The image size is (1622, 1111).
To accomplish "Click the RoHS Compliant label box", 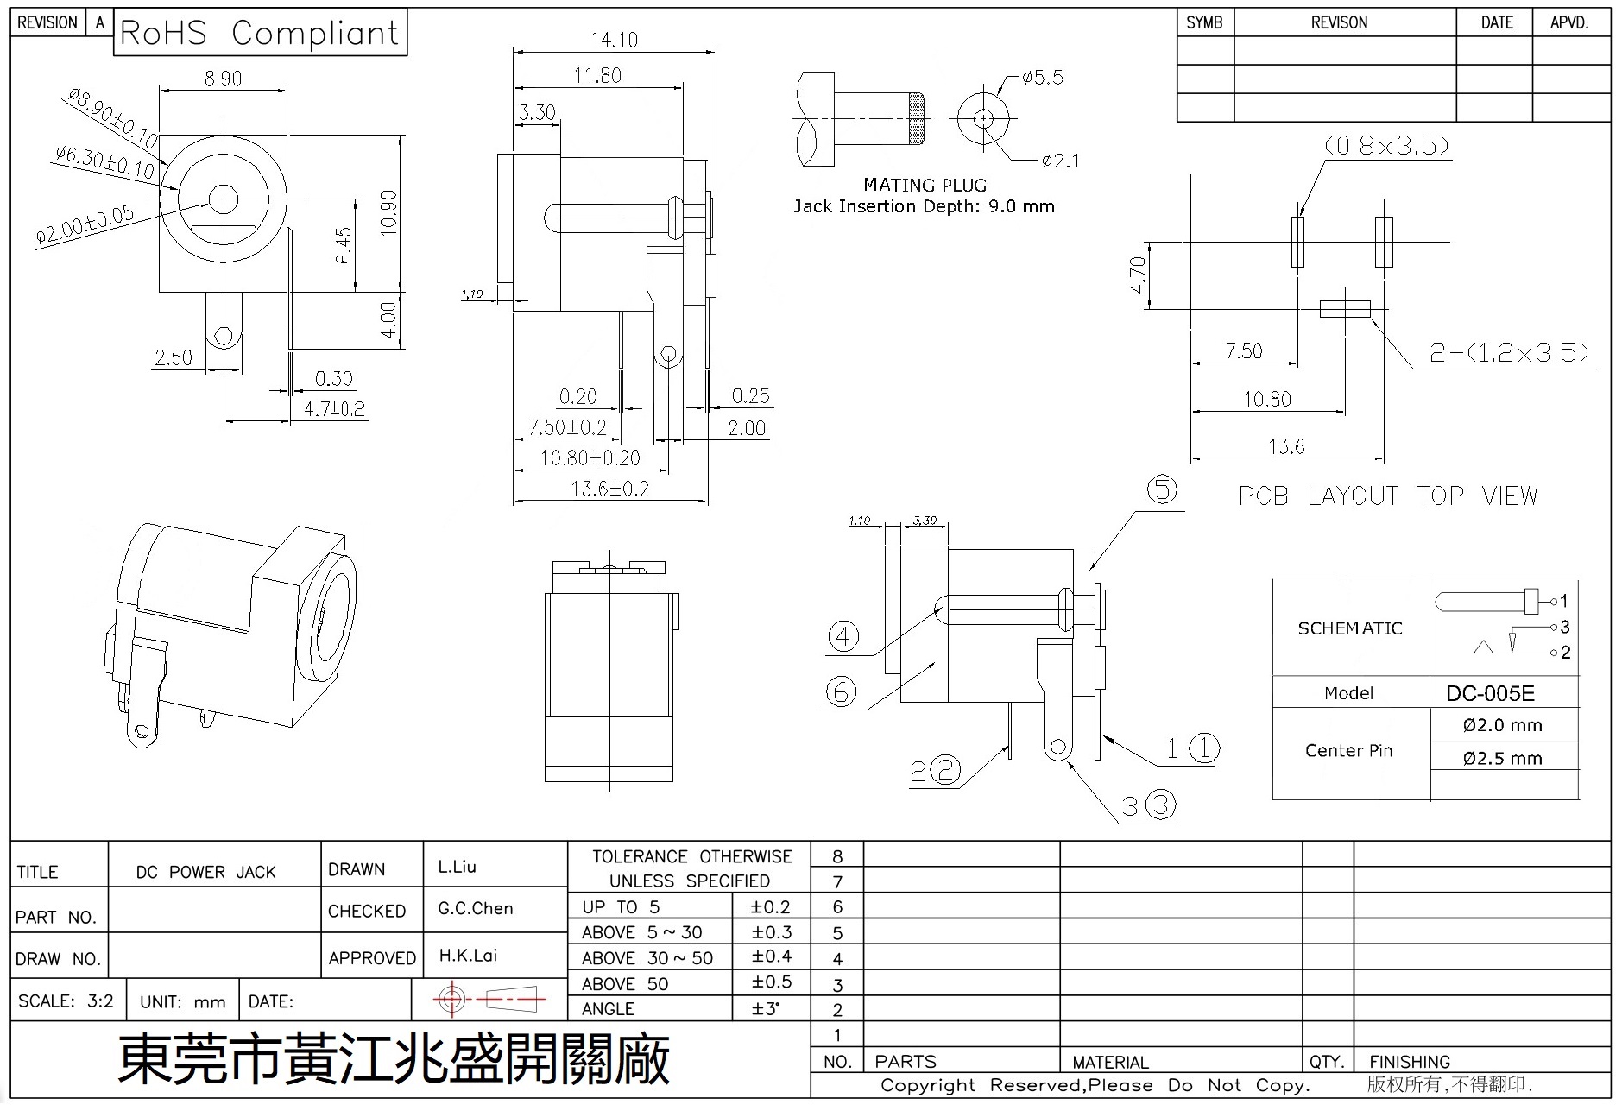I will coord(260,33).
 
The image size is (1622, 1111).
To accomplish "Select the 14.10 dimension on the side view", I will coord(614,40).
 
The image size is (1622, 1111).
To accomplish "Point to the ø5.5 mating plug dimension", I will coord(1042,78).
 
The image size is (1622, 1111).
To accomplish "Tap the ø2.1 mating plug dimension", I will coord(1060,161).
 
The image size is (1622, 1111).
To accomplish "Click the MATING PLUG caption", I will coord(925,185).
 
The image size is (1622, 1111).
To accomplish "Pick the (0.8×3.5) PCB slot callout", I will coord(1386,145).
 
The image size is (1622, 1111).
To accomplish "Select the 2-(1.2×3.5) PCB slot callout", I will coord(1509,352).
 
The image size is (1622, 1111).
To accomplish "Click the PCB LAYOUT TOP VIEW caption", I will coord(1388,496).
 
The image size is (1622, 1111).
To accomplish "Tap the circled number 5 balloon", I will coord(1162,489).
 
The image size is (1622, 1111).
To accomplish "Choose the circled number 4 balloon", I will coord(843,637).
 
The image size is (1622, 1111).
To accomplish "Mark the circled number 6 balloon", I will coord(841,691).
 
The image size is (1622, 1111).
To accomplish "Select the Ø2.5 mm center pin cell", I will coord(1502,758).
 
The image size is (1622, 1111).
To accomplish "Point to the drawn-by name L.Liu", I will coord(457,867).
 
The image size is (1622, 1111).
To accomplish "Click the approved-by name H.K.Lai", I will coord(468,956).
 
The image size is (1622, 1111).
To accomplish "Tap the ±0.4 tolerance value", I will coord(770,956).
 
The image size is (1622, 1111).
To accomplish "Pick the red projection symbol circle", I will coord(451,1000).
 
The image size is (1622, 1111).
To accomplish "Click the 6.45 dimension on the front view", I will coord(344,245).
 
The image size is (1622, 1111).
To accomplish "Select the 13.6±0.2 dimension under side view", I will coord(609,489).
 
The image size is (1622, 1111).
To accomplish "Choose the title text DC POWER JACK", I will coord(205,872).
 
